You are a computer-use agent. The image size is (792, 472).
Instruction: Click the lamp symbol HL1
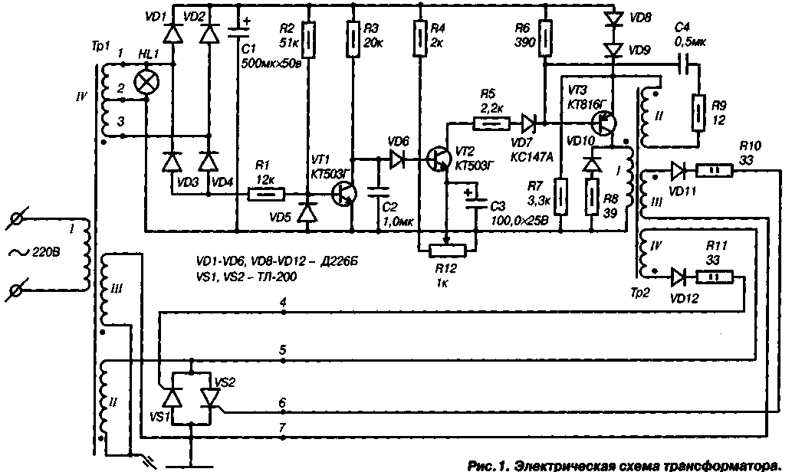(x=145, y=84)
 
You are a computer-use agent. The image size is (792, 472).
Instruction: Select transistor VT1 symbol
(x=343, y=195)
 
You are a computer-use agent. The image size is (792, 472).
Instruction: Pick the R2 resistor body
(x=307, y=41)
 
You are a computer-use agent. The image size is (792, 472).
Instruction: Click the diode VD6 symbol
(x=398, y=159)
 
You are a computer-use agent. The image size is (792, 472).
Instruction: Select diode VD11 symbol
(x=679, y=170)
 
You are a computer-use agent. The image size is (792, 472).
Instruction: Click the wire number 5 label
(x=284, y=351)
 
